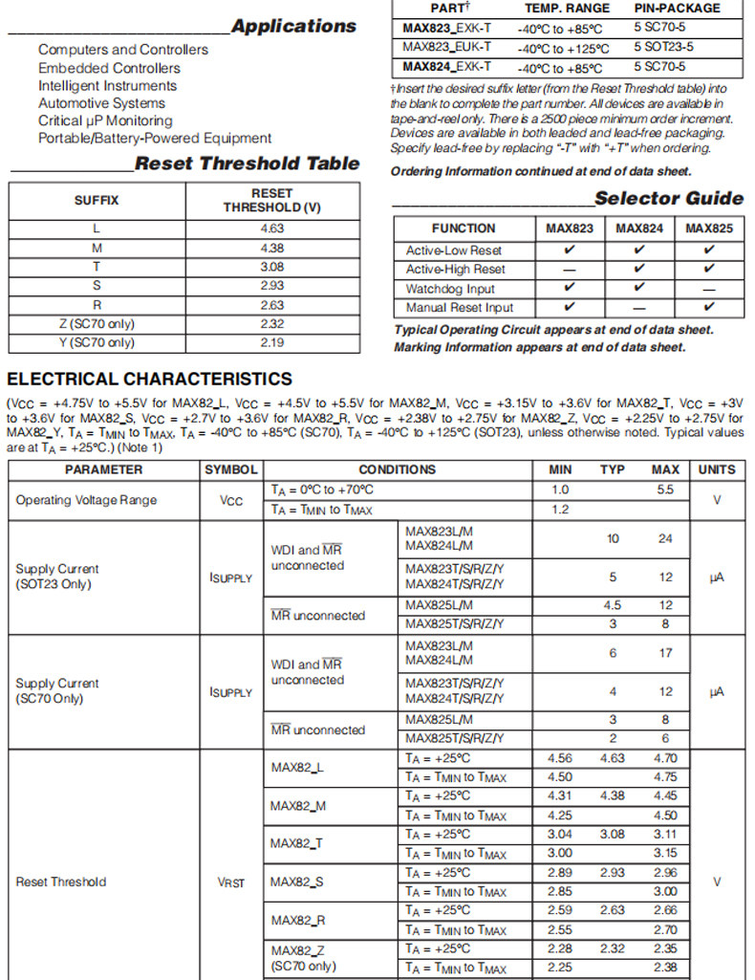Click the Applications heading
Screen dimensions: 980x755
(293, 26)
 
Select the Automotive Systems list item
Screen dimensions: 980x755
(101, 103)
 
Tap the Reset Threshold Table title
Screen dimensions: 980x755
(247, 163)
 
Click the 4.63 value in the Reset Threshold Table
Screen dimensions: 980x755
(271, 229)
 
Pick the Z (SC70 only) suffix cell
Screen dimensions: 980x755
(97, 324)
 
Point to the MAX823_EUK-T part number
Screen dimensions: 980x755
(446, 46)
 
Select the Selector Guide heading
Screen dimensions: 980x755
(668, 199)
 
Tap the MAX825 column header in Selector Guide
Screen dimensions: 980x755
(709, 229)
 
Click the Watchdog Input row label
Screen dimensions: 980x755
(450, 289)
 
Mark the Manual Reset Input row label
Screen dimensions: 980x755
(459, 308)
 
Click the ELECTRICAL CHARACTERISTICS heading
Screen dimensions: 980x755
(149, 380)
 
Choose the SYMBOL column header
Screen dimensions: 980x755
(230, 469)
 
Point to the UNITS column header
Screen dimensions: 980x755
(717, 469)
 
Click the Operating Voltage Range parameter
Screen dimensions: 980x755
(86, 500)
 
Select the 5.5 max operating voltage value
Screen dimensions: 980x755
(665, 490)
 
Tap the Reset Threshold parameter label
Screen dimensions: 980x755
(61, 882)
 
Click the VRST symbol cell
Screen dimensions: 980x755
(230, 882)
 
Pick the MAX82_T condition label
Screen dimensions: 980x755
(296, 843)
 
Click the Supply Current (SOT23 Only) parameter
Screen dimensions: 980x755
(57, 577)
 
